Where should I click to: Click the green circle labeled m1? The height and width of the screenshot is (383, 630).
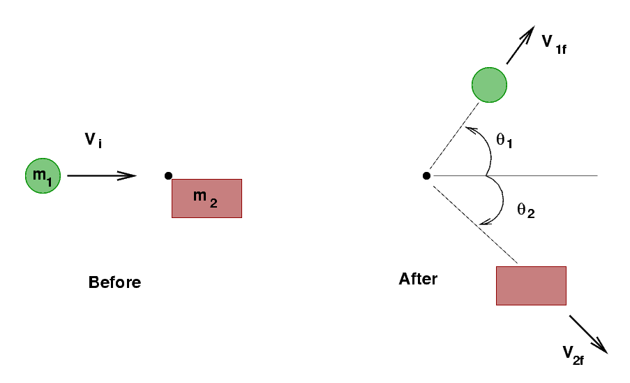click(43, 175)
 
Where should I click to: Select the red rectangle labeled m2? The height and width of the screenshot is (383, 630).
click(207, 198)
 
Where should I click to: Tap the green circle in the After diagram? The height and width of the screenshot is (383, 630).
click(489, 85)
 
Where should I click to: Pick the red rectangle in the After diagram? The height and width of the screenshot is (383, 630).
click(530, 285)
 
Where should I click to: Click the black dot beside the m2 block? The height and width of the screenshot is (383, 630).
click(168, 175)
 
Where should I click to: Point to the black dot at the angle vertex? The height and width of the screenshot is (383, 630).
click(426, 175)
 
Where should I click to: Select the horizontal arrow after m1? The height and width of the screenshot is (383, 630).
click(102, 175)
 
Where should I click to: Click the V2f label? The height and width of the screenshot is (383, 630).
click(573, 353)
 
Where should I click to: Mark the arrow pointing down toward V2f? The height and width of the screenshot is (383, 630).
click(588, 334)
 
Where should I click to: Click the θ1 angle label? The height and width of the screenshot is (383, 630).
click(504, 140)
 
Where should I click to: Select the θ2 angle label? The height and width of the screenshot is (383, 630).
click(525, 210)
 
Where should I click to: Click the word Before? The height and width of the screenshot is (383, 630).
click(114, 282)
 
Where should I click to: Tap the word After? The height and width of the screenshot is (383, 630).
click(418, 279)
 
